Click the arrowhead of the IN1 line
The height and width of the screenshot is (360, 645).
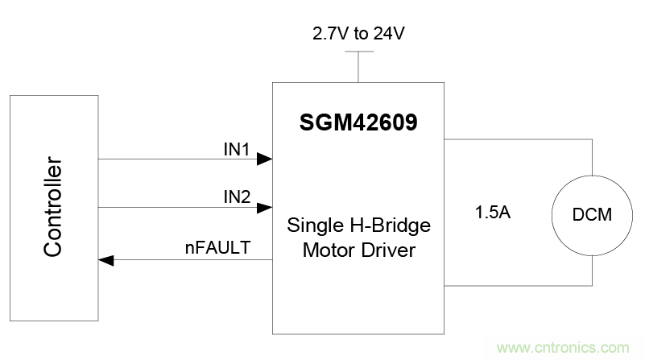pyautogui.click(x=265, y=160)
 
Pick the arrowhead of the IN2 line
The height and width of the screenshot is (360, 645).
pyautogui.click(x=265, y=208)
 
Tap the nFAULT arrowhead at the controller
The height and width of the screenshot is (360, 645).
pyautogui.click(x=105, y=260)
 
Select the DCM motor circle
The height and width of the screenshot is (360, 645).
pyautogui.click(x=592, y=215)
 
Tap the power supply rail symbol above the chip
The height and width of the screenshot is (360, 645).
pyautogui.click(x=354, y=53)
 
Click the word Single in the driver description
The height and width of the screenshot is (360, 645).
pyautogui.click(x=308, y=226)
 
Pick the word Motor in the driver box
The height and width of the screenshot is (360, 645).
pyautogui.click(x=324, y=250)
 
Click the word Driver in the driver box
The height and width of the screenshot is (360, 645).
pyautogui.click(x=388, y=250)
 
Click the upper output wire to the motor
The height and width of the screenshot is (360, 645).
pyautogui.click(x=515, y=139)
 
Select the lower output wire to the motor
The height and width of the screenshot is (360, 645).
pyautogui.click(x=515, y=285)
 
